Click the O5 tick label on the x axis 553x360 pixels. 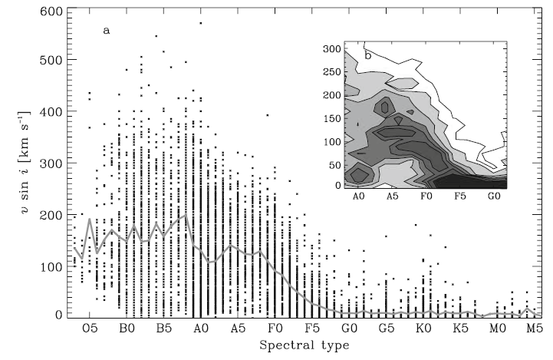pyautogui.click(x=90, y=328)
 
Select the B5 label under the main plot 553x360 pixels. pyautogui.click(x=164, y=328)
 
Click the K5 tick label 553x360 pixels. pyautogui.click(x=460, y=328)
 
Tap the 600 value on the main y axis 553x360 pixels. pyautogui.click(x=50, y=11)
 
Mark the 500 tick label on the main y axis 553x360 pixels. pyautogui.click(x=50, y=61)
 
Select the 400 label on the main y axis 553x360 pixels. pyautogui.click(x=50, y=112)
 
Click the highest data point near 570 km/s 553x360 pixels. pyautogui.click(x=200, y=23)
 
